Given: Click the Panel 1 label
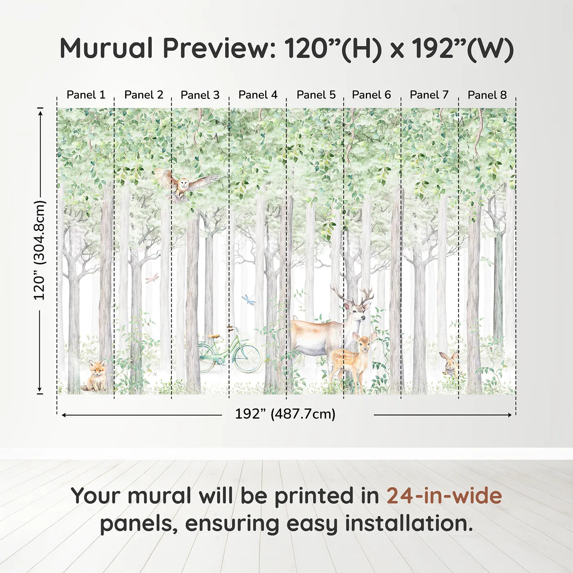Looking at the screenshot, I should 86,95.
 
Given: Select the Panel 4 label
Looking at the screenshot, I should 258,95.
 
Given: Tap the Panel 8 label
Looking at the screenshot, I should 487,95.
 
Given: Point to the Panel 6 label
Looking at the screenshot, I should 371,95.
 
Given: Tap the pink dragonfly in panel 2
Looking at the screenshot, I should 152,278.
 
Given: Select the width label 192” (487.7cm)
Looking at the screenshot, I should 285,414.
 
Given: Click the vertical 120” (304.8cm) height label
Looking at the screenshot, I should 40,250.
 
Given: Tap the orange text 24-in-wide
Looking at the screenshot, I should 444,496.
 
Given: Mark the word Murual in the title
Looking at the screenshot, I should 106,48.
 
